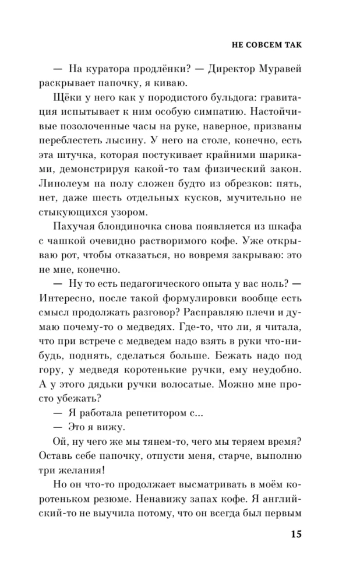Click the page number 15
pyautogui.click(x=295, y=535)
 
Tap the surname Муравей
pyautogui.click(x=279, y=71)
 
